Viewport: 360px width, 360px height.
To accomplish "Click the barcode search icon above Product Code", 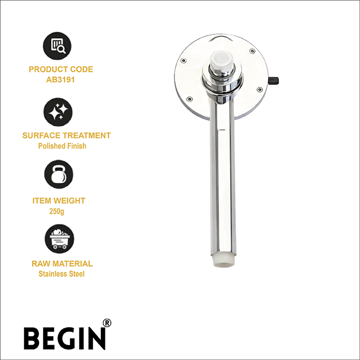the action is [57, 46].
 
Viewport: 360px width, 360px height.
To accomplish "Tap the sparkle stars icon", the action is [58, 112].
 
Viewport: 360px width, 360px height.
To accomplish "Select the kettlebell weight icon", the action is [58, 174].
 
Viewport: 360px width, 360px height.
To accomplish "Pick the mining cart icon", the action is [59, 239].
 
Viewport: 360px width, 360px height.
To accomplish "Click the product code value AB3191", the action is [60, 80].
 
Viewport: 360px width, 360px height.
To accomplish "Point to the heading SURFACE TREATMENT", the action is [67, 135].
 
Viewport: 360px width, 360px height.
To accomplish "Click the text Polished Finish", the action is [62, 146].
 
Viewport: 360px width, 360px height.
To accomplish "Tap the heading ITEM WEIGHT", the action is [59, 200].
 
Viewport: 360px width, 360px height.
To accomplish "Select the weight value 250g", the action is [57, 211].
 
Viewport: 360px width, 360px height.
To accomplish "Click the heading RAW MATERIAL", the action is [62, 264].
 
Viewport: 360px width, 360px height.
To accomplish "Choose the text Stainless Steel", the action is [62, 274].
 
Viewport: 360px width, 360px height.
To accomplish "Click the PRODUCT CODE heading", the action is [61, 69].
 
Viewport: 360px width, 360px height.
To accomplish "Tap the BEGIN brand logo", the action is [65, 338].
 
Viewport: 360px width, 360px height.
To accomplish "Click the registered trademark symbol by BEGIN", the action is [107, 323].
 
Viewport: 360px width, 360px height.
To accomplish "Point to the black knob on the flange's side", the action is [274, 81].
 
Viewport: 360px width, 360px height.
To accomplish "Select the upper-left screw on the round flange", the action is [183, 60].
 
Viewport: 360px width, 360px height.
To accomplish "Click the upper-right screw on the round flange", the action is [252, 51].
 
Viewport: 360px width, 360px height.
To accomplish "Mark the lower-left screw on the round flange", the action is [189, 99].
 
